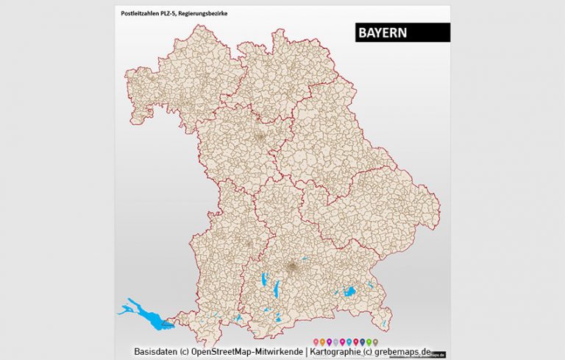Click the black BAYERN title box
401,32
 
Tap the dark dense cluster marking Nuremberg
259,137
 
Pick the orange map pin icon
322,342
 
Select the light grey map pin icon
335,342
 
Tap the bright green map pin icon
369,342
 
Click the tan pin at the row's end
375,342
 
